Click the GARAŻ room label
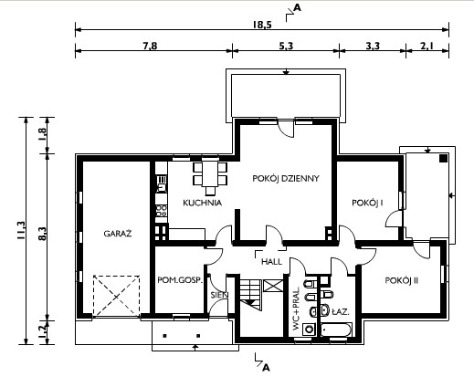[118, 234]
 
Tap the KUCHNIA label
[202, 203]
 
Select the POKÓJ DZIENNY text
[286, 178]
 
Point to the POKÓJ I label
[367, 203]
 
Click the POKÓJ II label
[401, 280]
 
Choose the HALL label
[271, 261]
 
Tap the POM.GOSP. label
[180, 280]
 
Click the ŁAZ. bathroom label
[341, 312]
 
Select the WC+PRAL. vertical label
[297, 309]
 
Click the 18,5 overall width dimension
[262, 25]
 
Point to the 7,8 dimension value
[150, 47]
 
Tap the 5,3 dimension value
[286, 47]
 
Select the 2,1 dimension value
[427, 47]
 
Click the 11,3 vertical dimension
[21, 230]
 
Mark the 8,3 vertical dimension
[42, 234]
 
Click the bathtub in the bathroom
[336, 330]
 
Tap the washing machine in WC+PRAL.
[310, 329]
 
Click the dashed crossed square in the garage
[116, 296]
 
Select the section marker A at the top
[297, 8]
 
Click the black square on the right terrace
[443, 158]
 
